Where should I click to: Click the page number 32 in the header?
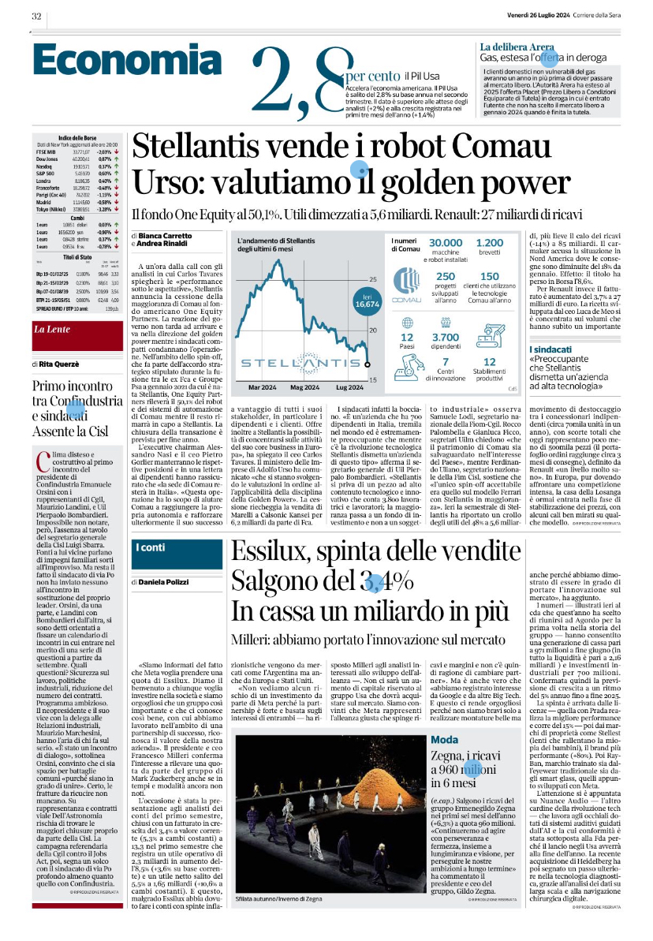[36, 17]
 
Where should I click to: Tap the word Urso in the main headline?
[162, 181]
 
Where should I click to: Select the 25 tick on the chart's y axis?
[373, 280]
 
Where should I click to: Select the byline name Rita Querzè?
[64, 364]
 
